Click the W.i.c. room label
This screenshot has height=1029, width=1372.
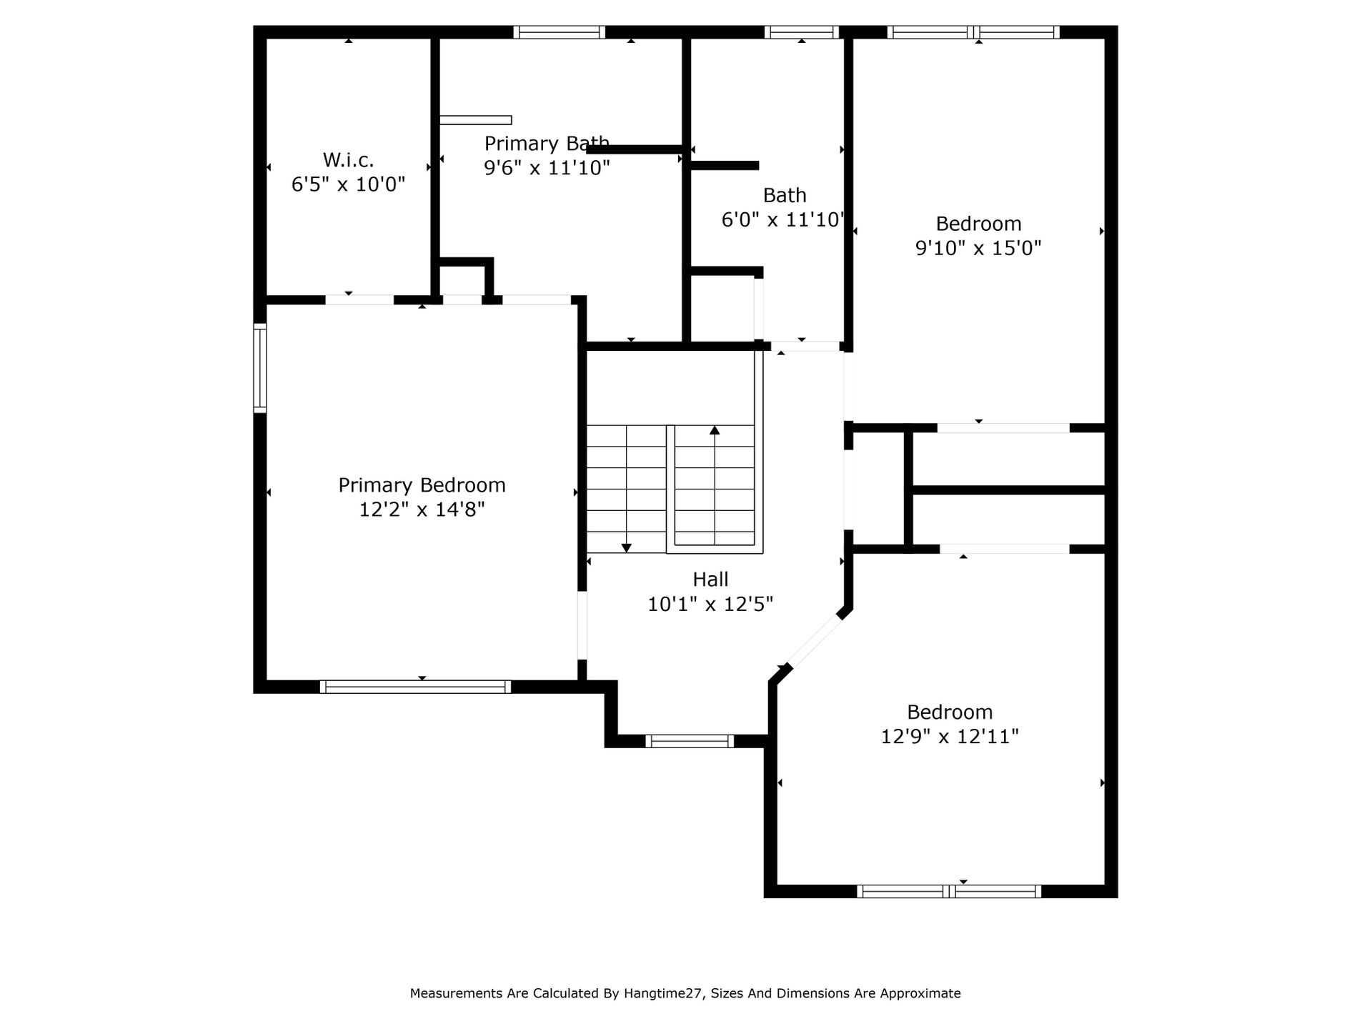point(348,159)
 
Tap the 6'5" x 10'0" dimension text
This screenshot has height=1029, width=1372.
point(348,184)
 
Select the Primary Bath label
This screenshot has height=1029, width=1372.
point(547,144)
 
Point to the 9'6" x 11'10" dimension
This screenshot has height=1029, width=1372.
point(547,168)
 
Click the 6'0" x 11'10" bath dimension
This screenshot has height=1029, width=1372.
point(783,220)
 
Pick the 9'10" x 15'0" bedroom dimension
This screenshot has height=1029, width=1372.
point(978,248)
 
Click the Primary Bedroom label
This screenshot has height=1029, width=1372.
point(422,485)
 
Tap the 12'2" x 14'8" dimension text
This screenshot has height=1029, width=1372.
point(422,509)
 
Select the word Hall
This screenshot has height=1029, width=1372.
point(710,580)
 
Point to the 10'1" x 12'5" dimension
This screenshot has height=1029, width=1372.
point(710,605)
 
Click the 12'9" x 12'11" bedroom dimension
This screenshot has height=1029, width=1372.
point(950,737)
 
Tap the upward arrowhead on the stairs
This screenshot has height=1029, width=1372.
point(715,430)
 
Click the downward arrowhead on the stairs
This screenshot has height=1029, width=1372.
point(627,548)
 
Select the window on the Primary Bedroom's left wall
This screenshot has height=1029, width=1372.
point(260,368)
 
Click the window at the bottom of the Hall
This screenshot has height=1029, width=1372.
point(690,741)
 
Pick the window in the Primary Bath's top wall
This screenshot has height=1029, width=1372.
point(559,32)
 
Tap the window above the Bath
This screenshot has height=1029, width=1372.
point(801,32)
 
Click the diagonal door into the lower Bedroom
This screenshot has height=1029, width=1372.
point(814,641)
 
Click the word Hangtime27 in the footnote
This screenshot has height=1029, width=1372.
point(665,993)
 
